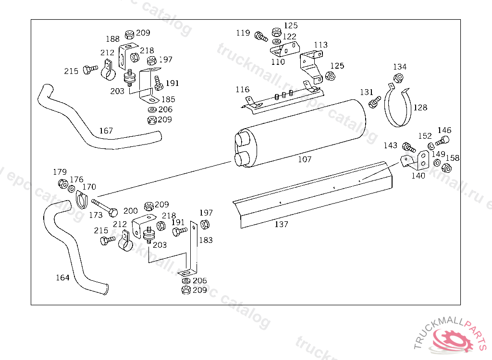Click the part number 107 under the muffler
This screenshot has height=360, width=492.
[x=304, y=159]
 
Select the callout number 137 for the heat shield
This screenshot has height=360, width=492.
[x=281, y=224]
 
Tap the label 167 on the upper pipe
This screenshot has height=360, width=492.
[x=106, y=131]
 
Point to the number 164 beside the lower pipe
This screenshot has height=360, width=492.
[x=62, y=277]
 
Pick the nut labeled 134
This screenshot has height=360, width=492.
[x=398, y=78]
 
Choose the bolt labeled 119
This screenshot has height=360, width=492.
[x=261, y=36]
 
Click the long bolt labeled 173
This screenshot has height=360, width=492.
[x=104, y=208]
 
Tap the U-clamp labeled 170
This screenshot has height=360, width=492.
[x=81, y=200]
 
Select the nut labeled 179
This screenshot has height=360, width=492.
[x=63, y=184]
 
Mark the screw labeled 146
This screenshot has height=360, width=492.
[x=443, y=141]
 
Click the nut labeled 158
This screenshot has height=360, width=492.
[x=446, y=168]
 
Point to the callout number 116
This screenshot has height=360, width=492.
[x=243, y=90]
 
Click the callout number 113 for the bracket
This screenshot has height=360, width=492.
[x=320, y=45]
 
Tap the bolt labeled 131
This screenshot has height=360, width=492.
[x=375, y=102]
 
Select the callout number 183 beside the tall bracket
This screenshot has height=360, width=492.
[x=206, y=240]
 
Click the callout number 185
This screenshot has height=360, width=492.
[x=168, y=99]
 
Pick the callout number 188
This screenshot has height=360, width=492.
[x=112, y=39]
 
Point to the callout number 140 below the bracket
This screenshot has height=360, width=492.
[x=418, y=176]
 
